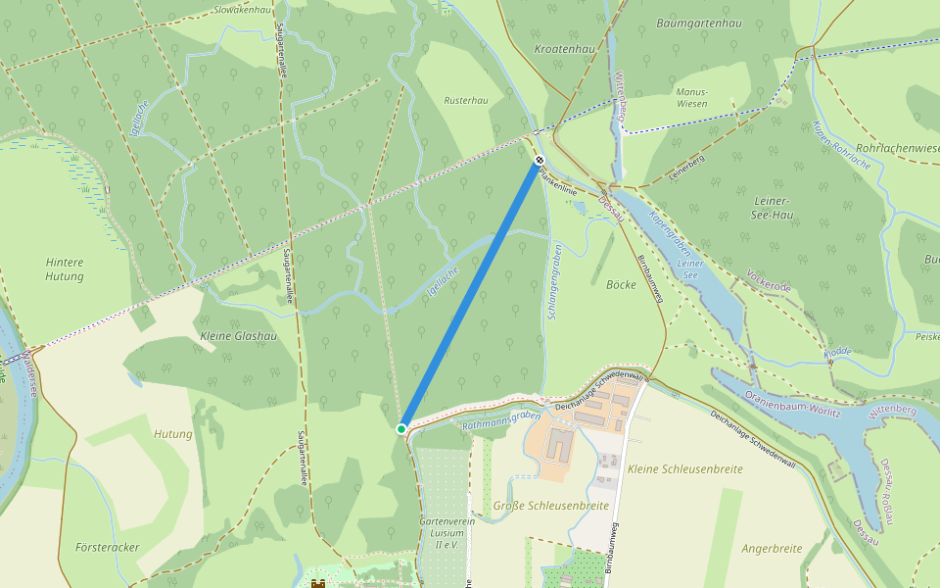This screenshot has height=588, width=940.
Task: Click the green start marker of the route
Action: click(x=401, y=429)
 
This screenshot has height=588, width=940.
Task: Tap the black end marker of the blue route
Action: click(x=539, y=160)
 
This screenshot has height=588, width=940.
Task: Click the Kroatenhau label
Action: click(x=564, y=48)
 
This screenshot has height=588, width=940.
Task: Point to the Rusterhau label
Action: click(x=466, y=100)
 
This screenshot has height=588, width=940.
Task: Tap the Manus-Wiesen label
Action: click(x=692, y=97)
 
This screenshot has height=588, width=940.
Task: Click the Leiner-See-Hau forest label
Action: click(x=774, y=207)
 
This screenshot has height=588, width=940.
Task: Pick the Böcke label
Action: click(x=621, y=285)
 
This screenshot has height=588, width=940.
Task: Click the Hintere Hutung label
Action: click(x=65, y=269)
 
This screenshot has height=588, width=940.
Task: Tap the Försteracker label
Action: click(x=108, y=547)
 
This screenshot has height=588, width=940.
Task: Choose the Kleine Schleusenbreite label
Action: click(x=685, y=469)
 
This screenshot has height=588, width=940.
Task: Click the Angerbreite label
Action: click(x=772, y=549)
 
